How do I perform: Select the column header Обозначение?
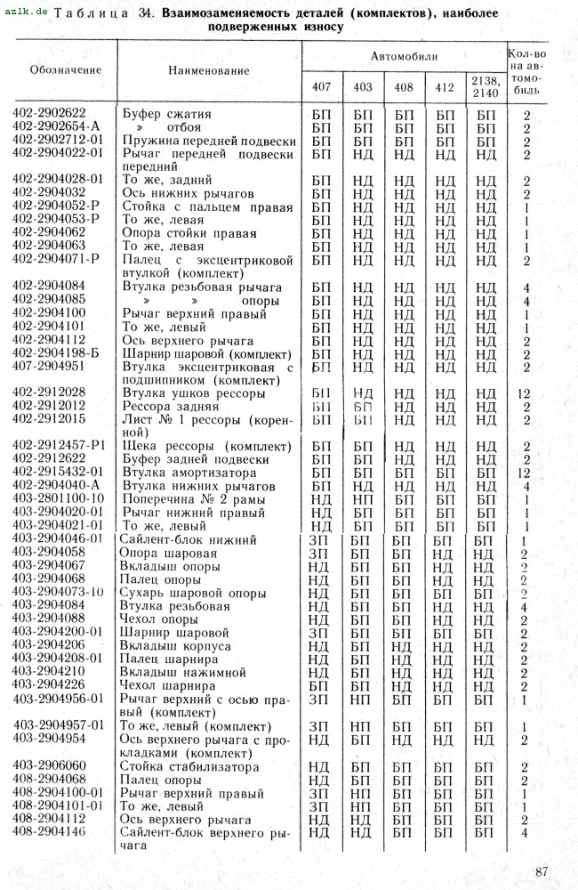66,70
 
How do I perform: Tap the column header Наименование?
208,70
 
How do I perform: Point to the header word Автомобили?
405,56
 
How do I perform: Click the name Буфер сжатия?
167,114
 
